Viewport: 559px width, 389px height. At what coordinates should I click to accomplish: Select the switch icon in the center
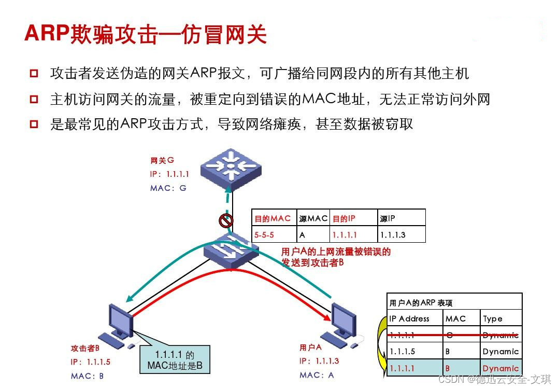pos(231,252)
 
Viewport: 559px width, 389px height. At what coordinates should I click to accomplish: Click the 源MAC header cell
pos(313,218)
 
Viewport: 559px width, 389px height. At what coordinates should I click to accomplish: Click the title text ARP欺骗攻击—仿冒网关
pos(146,34)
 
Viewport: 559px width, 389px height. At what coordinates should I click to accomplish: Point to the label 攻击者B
pos(85,348)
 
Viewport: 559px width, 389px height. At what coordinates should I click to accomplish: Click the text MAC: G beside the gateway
pos(168,188)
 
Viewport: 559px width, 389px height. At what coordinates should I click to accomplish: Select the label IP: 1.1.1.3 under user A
pos(319,361)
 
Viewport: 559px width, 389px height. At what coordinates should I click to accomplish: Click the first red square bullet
pos(34,73)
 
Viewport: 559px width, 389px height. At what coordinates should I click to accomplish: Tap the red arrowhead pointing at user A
pos(326,318)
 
